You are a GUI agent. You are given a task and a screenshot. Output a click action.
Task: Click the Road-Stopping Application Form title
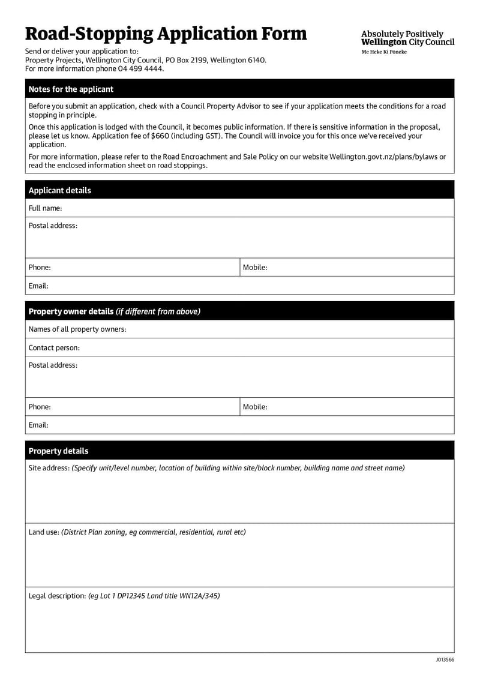[x=166, y=34]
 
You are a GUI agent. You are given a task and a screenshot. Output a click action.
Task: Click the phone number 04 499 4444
[x=143, y=68]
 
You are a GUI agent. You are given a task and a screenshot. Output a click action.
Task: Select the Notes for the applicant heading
[x=71, y=89]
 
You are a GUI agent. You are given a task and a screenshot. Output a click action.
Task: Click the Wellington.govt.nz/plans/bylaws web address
[x=388, y=157]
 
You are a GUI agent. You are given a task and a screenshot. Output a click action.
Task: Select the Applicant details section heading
[x=60, y=190]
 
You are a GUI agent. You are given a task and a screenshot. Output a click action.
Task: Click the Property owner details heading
[x=114, y=311]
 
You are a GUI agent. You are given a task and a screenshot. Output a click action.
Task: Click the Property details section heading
[x=58, y=451]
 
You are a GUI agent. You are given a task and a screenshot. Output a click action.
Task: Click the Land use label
[x=44, y=532]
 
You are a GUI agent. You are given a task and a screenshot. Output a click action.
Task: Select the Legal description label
[x=57, y=596]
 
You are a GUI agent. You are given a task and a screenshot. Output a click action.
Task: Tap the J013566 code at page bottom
[x=445, y=660]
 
